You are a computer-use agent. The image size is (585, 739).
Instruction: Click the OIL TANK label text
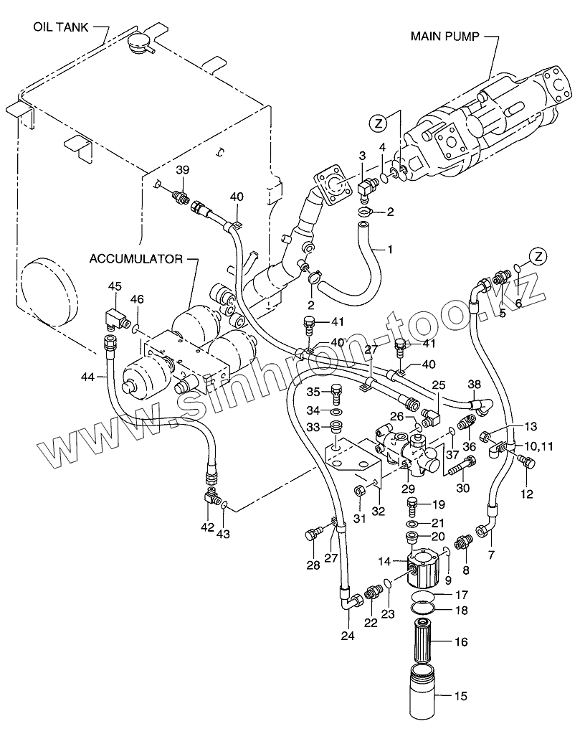[x=60, y=28]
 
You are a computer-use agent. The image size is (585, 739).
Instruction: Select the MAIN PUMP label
[x=444, y=35]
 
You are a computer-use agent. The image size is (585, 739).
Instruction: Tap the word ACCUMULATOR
[x=135, y=258]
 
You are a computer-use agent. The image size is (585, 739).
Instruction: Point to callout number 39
[x=182, y=170]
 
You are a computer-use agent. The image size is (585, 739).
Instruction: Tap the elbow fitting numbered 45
[x=112, y=317]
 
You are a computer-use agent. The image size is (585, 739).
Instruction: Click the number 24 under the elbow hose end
[x=348, y=636]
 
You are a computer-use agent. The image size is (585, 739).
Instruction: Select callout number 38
[x=475, y=385]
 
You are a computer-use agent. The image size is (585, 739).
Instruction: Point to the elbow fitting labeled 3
[x=365, y=187]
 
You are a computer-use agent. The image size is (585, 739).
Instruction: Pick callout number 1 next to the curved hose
[x=390, y=250]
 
